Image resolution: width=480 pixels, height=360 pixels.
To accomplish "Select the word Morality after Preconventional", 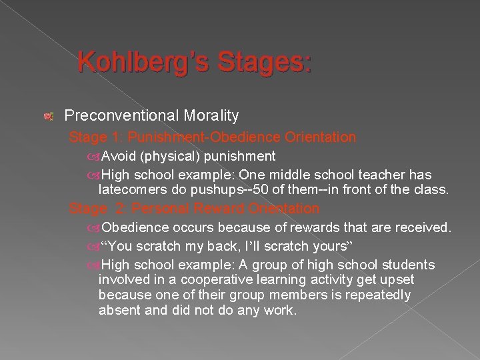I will coord(206,115).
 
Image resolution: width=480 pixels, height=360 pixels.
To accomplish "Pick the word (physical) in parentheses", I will coord(165,156).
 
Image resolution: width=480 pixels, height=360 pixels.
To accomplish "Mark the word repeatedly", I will coord(377,295).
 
